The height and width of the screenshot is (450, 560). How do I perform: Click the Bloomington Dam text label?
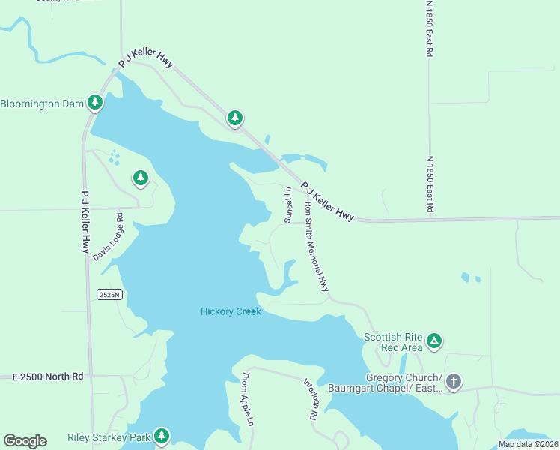41,103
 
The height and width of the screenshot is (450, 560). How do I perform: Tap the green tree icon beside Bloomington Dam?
94,102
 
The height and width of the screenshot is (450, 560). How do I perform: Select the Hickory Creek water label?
231,311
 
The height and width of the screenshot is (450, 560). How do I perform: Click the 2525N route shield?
109,295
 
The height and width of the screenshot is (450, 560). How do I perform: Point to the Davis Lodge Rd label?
108,236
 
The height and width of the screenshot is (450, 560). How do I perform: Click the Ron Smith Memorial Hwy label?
317,246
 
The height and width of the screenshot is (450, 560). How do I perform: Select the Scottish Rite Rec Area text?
392,342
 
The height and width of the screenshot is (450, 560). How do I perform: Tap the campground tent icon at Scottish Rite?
433,342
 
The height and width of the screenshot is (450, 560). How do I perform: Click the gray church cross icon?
453,382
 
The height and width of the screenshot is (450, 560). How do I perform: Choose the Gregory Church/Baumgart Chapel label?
404,382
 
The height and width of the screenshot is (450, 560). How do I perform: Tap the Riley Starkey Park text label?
109,436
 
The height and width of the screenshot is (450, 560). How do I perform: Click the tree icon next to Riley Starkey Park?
161,436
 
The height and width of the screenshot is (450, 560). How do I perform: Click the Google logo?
25,441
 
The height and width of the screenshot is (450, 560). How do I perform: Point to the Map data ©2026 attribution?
527,444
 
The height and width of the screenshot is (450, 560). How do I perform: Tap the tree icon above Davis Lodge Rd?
140,178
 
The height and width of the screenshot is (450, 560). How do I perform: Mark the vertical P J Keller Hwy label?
85,221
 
